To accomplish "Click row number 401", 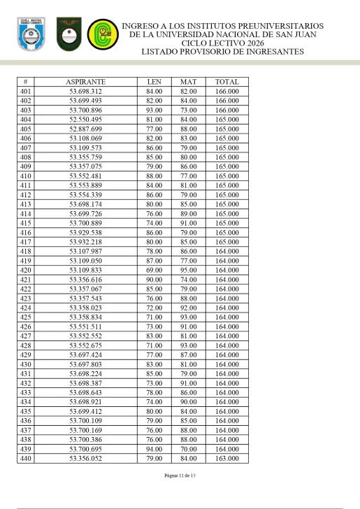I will [27, 92].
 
